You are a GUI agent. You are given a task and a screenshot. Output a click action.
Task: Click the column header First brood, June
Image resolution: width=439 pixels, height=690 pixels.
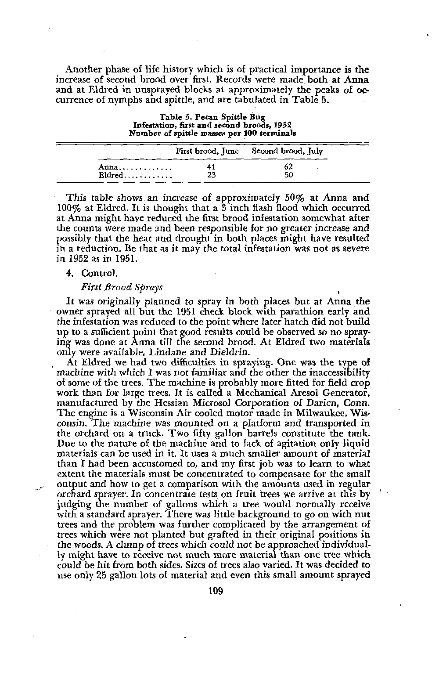(207, 152)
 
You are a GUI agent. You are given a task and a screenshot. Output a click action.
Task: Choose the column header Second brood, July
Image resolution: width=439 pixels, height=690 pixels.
(287, 152)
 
